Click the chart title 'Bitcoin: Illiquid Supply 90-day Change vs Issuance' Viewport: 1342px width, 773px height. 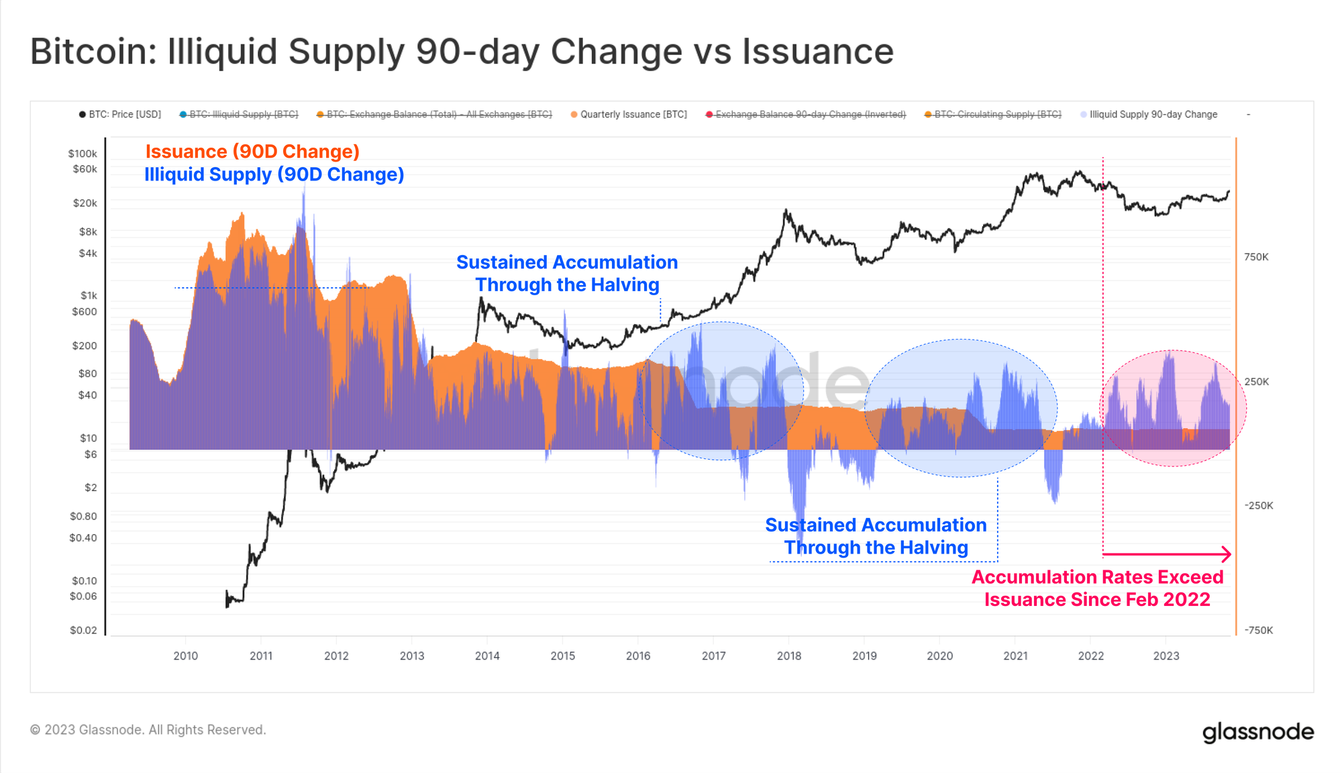click(462, 52)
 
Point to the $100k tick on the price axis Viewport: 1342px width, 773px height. click(83, 154)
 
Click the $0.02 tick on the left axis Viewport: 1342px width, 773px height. click(83, 630)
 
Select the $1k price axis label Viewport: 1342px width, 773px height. click(89, 295)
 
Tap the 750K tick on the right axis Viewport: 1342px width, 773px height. click(1256, 257)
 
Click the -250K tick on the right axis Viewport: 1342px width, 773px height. click(1258, 505)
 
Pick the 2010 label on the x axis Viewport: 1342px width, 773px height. click(186, 656)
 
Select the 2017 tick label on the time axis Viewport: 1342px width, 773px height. click(713, 656)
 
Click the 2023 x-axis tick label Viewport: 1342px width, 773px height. click(1166, 656)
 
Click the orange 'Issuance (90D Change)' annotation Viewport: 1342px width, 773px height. click(252, 152)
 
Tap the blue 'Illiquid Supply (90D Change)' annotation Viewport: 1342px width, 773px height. click(274, 174)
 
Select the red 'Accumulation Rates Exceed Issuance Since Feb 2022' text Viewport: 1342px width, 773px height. click(1097, 588)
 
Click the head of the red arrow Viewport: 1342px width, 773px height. click(1227, 554)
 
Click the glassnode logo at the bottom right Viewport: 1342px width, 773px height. click(1257, 731)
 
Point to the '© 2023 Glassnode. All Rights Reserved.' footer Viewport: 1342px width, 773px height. click(148, 729)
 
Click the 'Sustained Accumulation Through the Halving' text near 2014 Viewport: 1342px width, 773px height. click(567, 273)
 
